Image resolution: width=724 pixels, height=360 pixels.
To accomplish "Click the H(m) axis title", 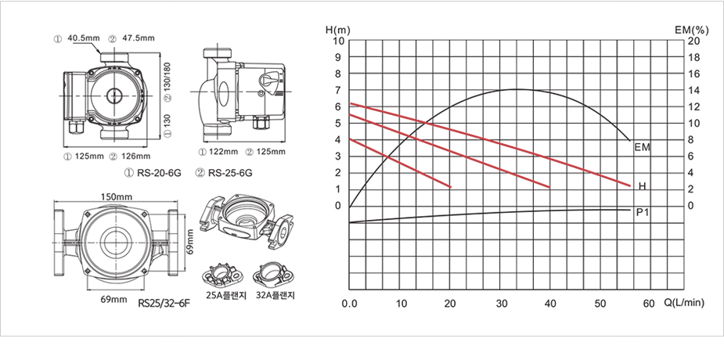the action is pyautogui.click(x=337, y=31).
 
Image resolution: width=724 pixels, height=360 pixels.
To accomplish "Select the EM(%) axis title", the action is pyautogui.click(x=691, y=31).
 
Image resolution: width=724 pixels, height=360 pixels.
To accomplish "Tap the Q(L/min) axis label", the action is pyautogui.click(x=684, y=303).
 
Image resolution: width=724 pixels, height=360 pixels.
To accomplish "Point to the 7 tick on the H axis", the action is pyautogui.click(x=338, y=90).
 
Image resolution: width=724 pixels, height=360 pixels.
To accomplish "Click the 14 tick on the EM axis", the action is pyautogui.click(x=694, y=90).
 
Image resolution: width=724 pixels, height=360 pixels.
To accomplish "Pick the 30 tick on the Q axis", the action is pyautogui.click(x=500, y=304).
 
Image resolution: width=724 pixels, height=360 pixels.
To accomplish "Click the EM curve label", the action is pyautogui.click(x=643, y=147).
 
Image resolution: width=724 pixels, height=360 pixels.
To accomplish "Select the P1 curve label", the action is pyautogui.click(x=643, y=212).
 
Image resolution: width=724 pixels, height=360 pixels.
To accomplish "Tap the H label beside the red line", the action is pyautogui.click(x=643, y=186).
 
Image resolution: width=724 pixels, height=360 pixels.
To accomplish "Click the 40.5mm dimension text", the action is pyautogui.click(x=84, y=38).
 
